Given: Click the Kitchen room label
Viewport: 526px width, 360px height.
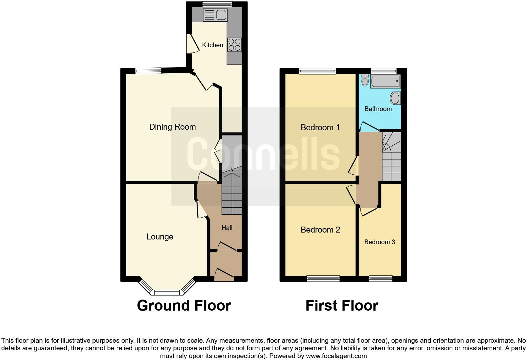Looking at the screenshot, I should (x=212, y=45).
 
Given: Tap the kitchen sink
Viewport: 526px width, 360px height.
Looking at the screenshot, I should (x=215, y=15).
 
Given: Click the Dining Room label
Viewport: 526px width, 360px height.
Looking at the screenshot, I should (x=172, y=127).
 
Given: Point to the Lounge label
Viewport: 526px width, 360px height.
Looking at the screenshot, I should (x=160, y=237).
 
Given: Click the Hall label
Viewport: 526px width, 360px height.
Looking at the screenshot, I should (x=227, y=228).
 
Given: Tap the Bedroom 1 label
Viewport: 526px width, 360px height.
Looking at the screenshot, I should (x=320, y=127).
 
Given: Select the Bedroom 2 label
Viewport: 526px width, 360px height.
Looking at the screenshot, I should (x=320, y=230).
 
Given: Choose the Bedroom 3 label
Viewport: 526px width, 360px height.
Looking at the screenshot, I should (x=379, y=242).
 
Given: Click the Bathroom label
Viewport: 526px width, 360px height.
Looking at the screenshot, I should (x=378, y=109).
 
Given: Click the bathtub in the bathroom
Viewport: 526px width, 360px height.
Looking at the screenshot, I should (x=385, y=81).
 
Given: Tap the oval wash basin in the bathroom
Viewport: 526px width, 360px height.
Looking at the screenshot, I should (x=395, y=98).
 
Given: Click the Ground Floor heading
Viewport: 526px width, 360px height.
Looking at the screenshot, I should (x=184, y=306).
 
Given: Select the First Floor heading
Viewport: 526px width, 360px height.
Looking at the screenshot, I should (x=342, y=306).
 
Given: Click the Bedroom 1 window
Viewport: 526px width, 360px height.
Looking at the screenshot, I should (x=317, y=71).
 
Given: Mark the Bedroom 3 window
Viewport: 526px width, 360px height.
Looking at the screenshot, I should (x=381, y=278).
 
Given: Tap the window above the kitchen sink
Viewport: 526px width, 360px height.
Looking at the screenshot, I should (x=217, y=4).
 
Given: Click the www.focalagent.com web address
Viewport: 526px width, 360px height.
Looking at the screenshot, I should (x=337, y=356).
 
